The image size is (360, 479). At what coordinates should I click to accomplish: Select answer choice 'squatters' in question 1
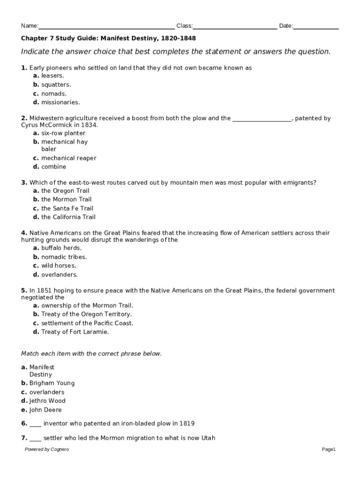tap(56, 85)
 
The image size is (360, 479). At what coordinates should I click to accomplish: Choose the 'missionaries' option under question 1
tap(60, 102)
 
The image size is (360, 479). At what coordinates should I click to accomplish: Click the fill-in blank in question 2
tap(262, 119)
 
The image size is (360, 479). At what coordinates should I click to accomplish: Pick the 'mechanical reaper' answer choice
tap(68, 158)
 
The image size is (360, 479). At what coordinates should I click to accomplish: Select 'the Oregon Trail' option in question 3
tap(65, 191)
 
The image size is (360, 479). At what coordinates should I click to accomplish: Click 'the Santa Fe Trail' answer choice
tap(67, 209)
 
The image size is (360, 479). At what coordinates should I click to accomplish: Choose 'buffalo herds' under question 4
tap(61, 248)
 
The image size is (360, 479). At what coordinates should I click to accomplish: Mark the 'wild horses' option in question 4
tap(58, 266)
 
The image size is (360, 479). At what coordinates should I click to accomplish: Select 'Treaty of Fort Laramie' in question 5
tap(75, 332)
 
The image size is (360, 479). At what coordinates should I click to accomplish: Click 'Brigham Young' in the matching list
tap(51, 384)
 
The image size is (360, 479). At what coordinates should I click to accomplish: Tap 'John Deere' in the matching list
tap(45, 410)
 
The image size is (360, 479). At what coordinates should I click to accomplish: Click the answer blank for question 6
tap(36, 424)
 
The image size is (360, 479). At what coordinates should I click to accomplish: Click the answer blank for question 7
tap(36, 439)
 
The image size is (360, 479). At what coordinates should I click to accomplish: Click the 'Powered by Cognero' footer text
tap(47, 450)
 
